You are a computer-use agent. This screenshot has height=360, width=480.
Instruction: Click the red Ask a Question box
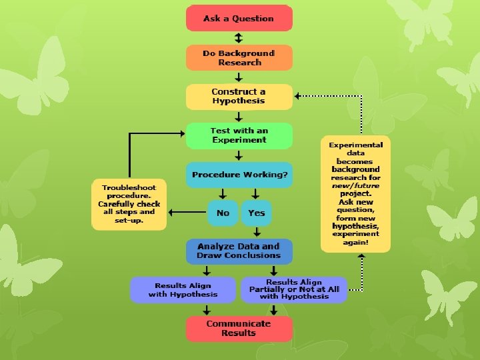(x=239, y=18)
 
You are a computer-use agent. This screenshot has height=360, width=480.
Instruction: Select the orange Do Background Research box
(x=239, y=57)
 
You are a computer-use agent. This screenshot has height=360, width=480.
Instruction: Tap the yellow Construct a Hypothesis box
(x=239, y=96)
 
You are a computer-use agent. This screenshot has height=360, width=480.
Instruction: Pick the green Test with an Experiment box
(x=239, y=135)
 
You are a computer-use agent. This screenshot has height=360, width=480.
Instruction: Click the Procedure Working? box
(x=239, y=175)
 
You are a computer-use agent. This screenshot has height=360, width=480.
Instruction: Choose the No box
(x=223, y=213)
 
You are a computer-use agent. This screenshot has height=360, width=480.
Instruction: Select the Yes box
(x=256, y=213)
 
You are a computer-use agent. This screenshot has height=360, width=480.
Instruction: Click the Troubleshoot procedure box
(x=129, y=204)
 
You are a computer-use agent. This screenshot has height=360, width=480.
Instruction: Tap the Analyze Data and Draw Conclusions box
(x=239, y=251)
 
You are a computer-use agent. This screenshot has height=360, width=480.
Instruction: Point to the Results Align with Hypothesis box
(x=183, y=290)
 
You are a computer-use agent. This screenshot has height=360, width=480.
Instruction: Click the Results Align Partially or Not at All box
(x=294, y=290)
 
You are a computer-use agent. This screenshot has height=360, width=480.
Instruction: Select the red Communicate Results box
(x=239, y=329)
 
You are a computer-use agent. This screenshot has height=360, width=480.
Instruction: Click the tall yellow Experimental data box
(x=355, y=194)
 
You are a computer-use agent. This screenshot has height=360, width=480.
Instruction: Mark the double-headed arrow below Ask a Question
(x=239, y=37)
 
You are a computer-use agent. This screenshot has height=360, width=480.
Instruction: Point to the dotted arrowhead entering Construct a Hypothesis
(x=299, y=96)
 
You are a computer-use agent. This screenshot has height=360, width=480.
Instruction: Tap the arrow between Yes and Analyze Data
(x=256, y=232)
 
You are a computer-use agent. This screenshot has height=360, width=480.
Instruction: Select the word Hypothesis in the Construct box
(x=239, y=101)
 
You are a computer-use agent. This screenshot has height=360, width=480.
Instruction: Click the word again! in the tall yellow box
(x=355, y=243)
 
